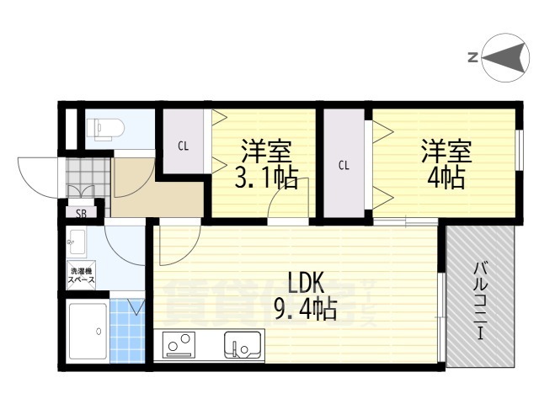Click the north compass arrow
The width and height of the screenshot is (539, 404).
pos(502,57)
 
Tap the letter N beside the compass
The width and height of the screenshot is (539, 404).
pos(472,57)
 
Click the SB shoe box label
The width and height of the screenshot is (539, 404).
pos(81,213)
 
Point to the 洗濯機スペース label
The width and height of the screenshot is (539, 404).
pos(81,274)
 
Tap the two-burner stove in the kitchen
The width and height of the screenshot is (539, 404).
pos(179,345)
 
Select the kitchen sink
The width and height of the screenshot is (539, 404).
pos(243,344)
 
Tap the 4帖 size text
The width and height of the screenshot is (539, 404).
pos(446,178)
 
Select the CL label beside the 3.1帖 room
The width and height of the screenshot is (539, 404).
pos(183,146)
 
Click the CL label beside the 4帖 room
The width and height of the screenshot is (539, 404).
pos(344,164)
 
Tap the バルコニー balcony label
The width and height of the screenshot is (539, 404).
pos(480,300)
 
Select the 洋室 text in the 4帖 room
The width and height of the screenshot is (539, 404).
pos(447,151)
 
